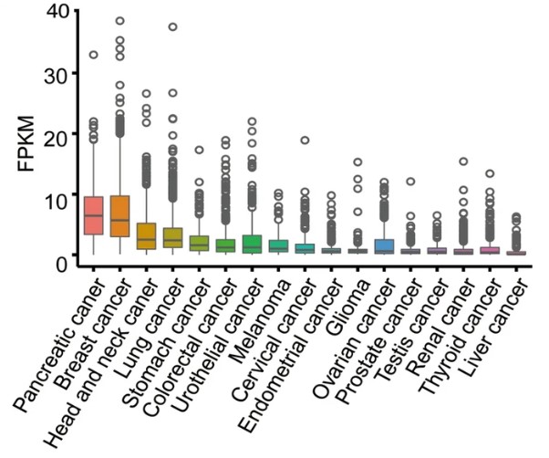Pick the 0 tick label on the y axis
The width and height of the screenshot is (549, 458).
pyautogui.click(x=61, y=263)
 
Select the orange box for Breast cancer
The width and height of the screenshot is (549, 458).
pyautogui.click(x=119, y=216)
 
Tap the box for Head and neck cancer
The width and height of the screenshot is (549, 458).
pyautogui.click(x=146, y=235)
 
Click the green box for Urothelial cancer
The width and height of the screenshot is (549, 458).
pyautogui.click(x=253, y=244)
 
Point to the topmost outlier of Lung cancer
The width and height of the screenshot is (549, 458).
pyautogui.click(x=172, y=26)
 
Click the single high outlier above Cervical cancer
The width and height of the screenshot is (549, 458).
pyautogui.click(x=306, y=141)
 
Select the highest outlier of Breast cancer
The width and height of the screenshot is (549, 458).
pyautogui.click(x=119, y=20)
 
